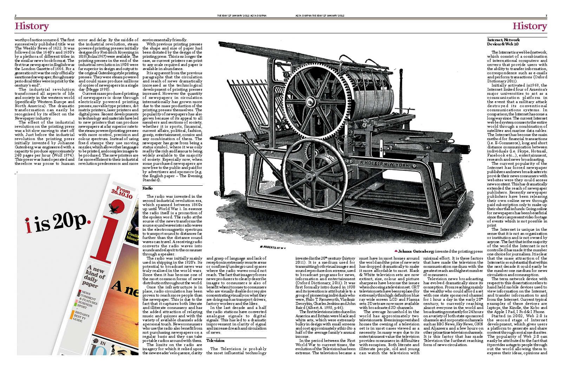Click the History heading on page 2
(x=32, y=26)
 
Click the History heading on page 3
(x=529, y=26)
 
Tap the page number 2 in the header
(x=16, y=15)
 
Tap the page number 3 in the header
(x=546, y=15)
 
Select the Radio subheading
(x=148, y=189)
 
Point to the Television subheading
(x=215, y=340)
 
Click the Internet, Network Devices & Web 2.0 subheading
(x=503, y=42)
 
